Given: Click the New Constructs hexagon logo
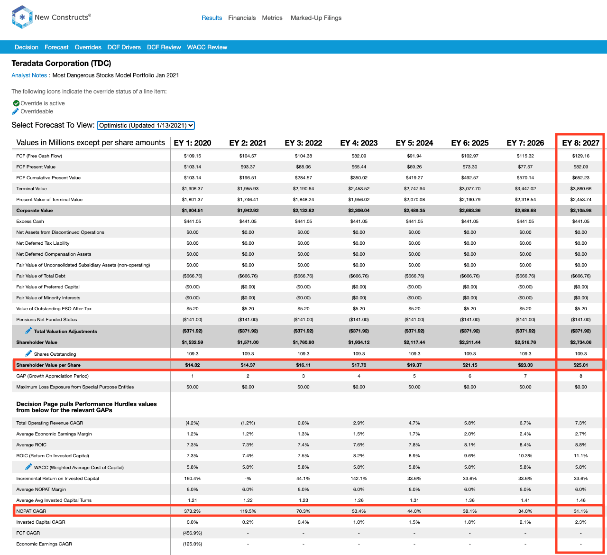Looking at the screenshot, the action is point(22,17).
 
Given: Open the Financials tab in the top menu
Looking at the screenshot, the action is point(242,18).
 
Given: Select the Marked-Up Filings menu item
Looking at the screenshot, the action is point(316,18).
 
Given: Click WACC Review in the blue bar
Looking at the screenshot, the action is point(207,47).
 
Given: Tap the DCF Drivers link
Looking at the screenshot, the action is point(124,47).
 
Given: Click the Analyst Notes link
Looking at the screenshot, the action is point(29,75).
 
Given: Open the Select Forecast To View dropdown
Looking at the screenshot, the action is point(146,125).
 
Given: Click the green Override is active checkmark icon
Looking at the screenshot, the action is point(16,103).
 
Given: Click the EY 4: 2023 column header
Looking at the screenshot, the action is point(359,143).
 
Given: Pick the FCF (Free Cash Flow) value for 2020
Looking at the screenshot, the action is point(193,156).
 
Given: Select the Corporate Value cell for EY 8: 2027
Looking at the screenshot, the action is point(580,211).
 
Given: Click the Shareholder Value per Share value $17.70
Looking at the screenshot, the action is point(359,365).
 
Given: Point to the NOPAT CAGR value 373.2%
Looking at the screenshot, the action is point(193,511).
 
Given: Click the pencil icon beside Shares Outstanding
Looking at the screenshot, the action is point(28,353).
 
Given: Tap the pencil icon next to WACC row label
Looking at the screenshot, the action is point(28,467).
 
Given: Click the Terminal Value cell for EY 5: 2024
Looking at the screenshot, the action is point(414,189).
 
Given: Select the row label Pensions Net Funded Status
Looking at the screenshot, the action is point(46,319).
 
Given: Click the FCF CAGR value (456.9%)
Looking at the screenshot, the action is point(193,533).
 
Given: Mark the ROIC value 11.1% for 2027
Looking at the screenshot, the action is point(580,456).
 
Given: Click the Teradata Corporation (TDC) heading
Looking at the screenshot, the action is point(62,63).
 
